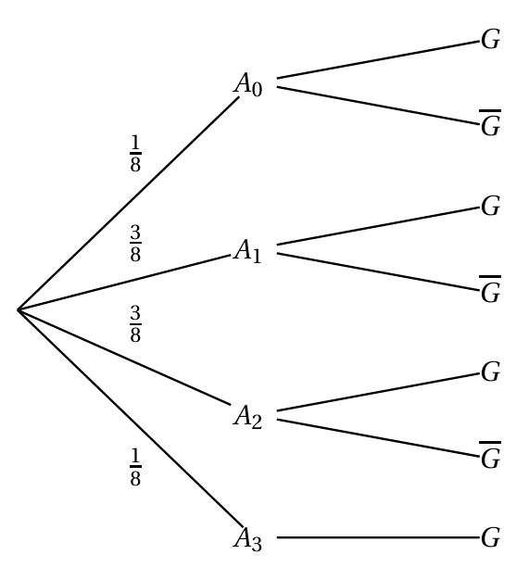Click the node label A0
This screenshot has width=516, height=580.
point(248,84)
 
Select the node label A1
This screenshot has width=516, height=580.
point(247,251)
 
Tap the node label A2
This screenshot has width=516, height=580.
point(248,417)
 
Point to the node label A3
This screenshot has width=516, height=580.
point(248,538)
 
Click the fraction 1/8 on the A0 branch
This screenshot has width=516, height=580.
point(135,153)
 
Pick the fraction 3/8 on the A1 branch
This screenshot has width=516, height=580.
point(135,243)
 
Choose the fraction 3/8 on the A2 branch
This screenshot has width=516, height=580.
point(135,323)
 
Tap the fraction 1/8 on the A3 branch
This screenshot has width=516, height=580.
point(135,466)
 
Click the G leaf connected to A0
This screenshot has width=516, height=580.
point(491,39)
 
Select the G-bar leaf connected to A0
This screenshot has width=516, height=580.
point(490,123)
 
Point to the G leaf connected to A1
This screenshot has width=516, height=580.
point(491,206)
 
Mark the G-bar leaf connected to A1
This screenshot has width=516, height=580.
point(490,289)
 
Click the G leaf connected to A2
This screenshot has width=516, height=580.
point(491,372)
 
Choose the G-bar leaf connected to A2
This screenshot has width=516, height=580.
point(490,455)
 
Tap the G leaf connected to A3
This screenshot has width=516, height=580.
point(491,537)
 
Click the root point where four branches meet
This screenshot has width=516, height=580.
point(19,309)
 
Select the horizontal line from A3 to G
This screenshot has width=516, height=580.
point(378,537)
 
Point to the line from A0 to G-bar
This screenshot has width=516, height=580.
point(378,106)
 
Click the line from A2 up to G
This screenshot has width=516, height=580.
point(378,392)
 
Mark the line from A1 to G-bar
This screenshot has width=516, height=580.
point(378,271)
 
